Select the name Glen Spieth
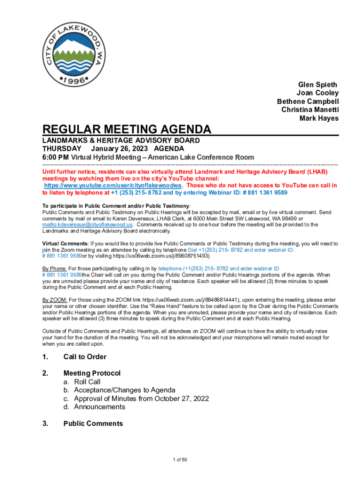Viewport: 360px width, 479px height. click(317, 85)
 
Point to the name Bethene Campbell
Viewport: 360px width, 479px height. click(308, 102)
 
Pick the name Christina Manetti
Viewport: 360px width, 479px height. click(310, 110)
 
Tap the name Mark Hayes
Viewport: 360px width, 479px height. click(319, 118)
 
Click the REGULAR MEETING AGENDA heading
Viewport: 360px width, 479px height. click(127, 129)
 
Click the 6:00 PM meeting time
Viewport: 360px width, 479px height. click(56, 157)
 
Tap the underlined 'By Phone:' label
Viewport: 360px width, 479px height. click(54, 269)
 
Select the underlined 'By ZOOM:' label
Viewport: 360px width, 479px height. click(55, 299)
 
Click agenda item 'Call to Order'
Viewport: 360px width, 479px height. click(85, 357)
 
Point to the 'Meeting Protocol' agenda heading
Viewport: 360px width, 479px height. click(92, 373)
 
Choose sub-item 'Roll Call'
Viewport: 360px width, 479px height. click(87, 382)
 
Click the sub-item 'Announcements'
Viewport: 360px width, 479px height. click(100, 407)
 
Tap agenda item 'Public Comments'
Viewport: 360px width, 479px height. click(93, 424)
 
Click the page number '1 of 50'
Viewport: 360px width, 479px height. click(180, 460)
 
